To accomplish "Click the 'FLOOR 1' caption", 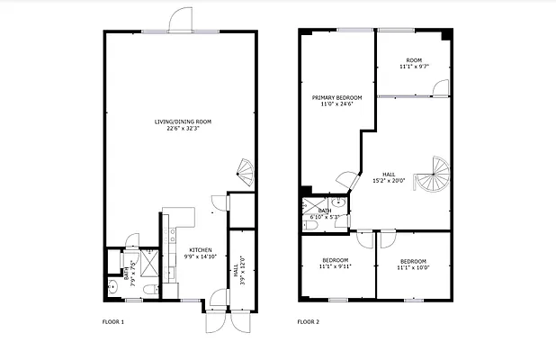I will click(112, 321).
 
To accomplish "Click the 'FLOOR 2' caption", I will click(309, 321).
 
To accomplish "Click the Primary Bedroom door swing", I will click(345, 181).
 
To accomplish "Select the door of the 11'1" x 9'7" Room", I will click(439, 87).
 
